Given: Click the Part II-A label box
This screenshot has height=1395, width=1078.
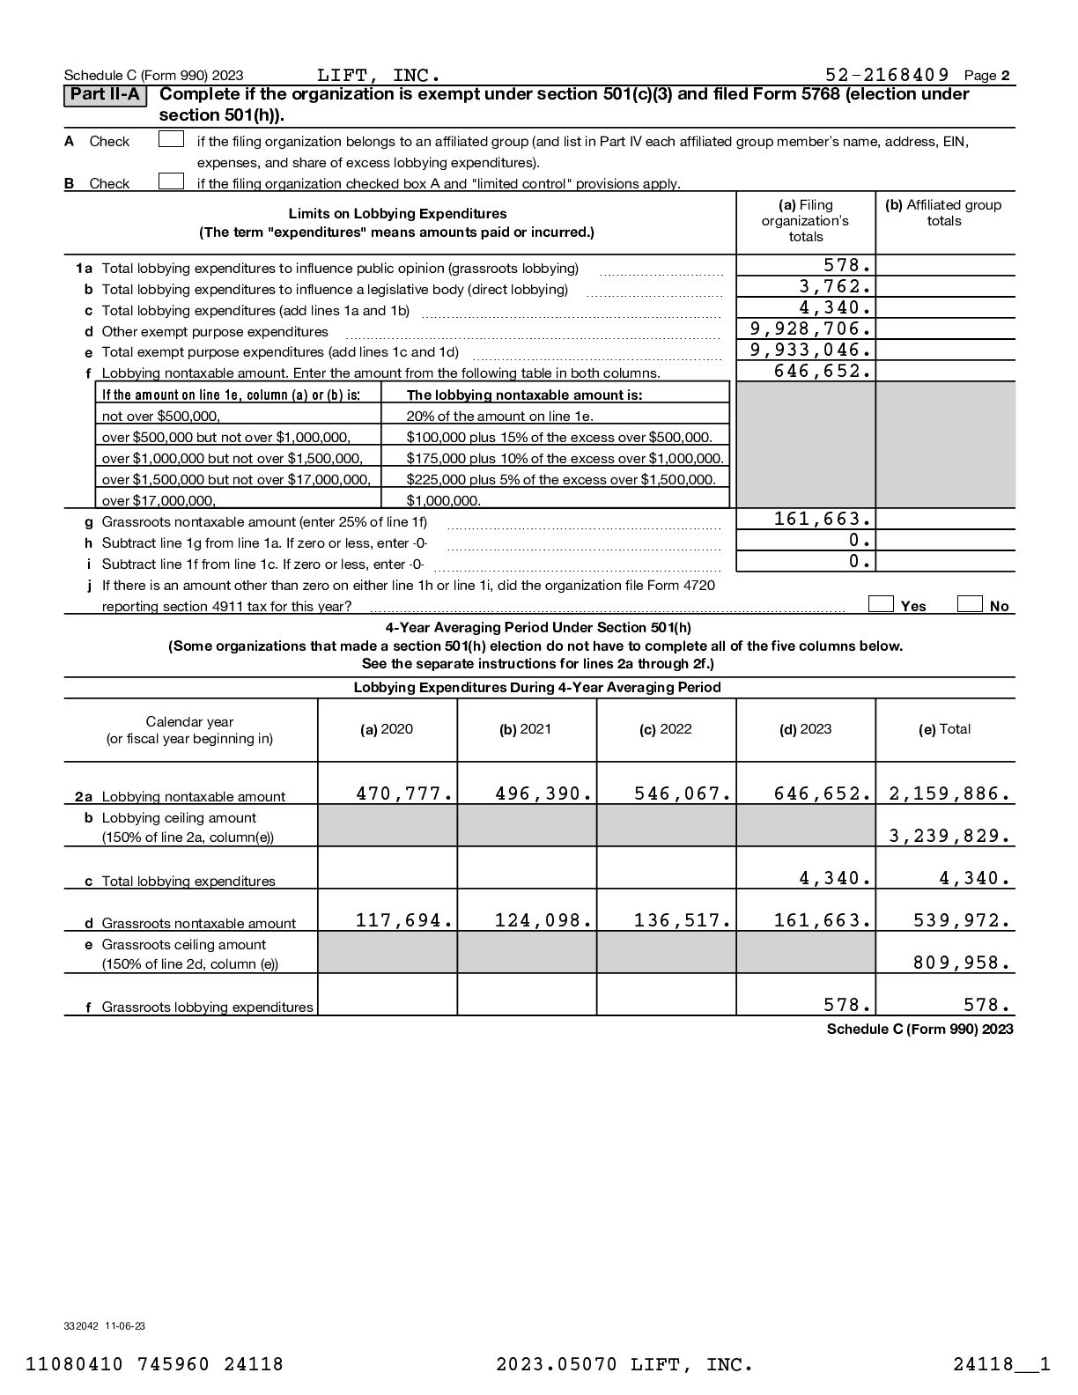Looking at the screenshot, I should click(x=105, y=95).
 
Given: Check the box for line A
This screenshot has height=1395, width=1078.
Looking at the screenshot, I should click(x=171, y=140).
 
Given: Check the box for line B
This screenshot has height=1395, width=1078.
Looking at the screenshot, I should click(x=171, y=182).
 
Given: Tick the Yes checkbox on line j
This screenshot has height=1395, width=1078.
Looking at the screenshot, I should click(x=881, y=604).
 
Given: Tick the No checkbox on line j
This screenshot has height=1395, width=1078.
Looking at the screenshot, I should click(x=970, y=604).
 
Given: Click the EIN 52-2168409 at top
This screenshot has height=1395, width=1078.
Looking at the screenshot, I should click(x=887, y=75).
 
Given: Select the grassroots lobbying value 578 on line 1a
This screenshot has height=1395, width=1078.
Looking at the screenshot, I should click(x=847, y=265).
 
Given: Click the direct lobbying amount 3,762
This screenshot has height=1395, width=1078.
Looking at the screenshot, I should click(x=835, y=286).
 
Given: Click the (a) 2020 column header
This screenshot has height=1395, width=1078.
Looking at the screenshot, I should click(x=387, y=729).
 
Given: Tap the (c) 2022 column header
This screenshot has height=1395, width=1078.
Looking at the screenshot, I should click(x=666, y=729).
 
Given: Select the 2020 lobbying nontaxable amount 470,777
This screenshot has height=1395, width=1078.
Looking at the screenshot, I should click(x=404, y=793).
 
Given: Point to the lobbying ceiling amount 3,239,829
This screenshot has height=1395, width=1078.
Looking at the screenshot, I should click(x=949, y=836).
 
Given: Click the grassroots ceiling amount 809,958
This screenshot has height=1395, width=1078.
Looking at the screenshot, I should click(x=961, y=963).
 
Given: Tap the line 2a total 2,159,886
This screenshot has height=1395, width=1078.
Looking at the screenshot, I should click(x=949, y=793).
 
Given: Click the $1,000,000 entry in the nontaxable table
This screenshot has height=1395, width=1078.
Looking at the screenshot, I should click(x=444, y=501).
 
